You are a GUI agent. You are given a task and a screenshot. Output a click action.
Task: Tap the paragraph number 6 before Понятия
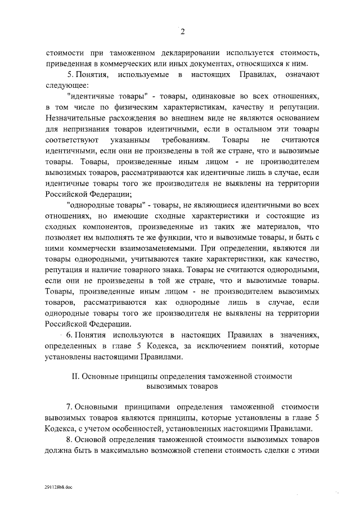(69, 335)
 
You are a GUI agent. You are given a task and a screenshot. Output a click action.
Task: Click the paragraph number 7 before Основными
(69, 407)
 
